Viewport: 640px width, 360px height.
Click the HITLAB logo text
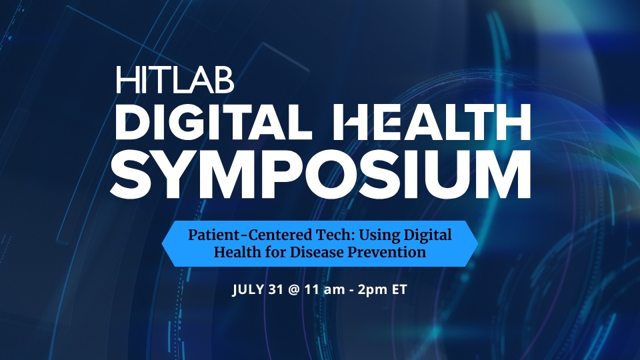coord(175,79)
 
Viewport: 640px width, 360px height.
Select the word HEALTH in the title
coord(432,122)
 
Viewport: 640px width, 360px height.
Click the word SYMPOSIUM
coord(321,174)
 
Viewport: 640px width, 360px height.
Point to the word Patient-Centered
coord(251,235)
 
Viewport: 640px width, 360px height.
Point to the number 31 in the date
coord(276,289)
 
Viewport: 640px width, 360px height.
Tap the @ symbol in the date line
coord(293,290)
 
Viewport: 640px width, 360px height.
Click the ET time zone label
coord(399,289)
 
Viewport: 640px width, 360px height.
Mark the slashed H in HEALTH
coord(353,122)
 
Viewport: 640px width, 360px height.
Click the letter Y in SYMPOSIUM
coord(175,174)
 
